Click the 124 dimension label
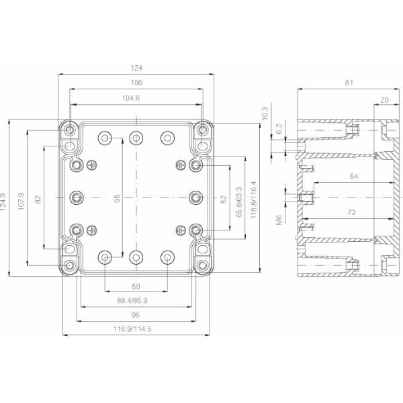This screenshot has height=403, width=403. tap(136, 67)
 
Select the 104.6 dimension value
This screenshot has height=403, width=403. tap(136, 98)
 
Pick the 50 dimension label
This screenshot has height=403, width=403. tap(136, 287)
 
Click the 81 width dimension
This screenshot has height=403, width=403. tap(348, 83)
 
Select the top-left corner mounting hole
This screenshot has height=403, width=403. tap(70, 129)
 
